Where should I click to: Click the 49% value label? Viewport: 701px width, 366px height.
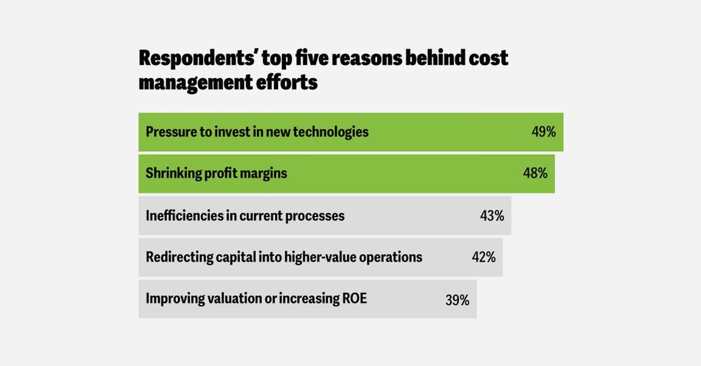pos(544,132)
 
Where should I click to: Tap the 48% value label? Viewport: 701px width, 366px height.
pos(535,173)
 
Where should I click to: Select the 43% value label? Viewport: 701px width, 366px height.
pos(492,216)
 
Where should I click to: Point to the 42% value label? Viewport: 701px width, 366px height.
pos(484,257)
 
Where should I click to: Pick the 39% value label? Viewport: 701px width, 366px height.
pos(457,300)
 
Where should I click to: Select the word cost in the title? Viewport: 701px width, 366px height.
pos(488,58)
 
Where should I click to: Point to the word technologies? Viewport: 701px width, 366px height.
pos(331,133)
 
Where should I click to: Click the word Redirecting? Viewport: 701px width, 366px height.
pos(179,258)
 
